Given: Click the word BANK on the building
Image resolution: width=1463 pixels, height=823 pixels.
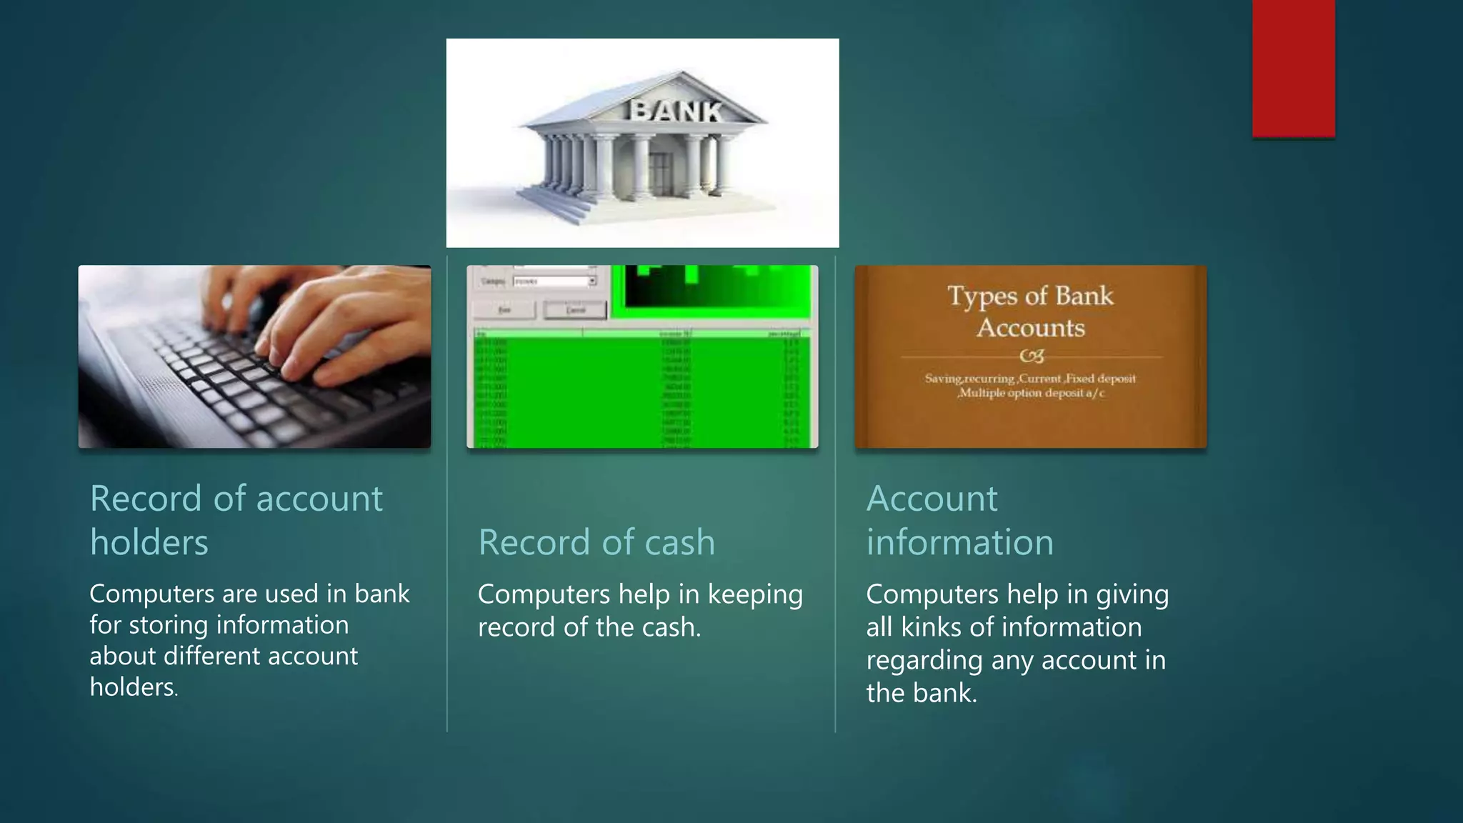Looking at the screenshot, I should (x=676, y=111).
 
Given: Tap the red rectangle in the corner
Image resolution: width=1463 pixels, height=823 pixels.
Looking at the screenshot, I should (x=1293, y=68).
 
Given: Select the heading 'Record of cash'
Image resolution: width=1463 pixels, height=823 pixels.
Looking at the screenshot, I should (x=596, y=542).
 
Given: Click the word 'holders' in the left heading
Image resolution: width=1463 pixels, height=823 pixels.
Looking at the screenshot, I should (x=149, y=542).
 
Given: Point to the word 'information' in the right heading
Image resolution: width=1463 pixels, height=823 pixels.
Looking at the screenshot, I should (x=959, y=542).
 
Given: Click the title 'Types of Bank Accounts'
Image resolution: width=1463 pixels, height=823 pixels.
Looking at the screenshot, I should (x=1030, y=311).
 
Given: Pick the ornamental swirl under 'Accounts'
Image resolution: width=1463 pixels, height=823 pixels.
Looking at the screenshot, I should (x=1031, y=356).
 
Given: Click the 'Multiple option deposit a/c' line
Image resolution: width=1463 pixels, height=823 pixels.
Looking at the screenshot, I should (x=1032, y=393).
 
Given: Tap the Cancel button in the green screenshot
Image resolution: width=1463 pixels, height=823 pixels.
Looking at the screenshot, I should (x=575, y=310).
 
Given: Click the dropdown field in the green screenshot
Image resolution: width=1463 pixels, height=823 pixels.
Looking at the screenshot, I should (x=554, y=281).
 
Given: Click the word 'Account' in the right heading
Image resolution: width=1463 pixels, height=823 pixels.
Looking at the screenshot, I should (x=932, y=498).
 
